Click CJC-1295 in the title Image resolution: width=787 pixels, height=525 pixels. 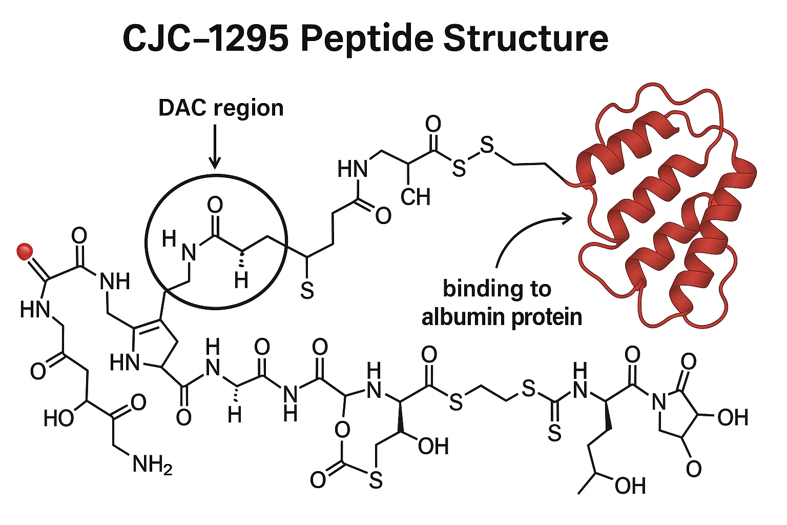[x=205, y=38]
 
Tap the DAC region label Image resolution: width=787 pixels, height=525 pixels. [x=221, y=108]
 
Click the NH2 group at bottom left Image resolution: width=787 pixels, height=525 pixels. [x=152, y=465]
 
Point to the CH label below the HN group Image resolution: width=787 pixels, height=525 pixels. [x=416, y=197]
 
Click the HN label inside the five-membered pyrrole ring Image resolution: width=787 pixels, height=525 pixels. [x=125, y=363]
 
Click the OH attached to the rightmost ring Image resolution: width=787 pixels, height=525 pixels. [x=732, y=417]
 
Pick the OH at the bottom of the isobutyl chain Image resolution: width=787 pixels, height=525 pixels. [x=630, y=486]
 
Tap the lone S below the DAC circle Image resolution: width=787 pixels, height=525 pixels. [x=306, y=291]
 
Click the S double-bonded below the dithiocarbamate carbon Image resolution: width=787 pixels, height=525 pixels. [x=554, y=434]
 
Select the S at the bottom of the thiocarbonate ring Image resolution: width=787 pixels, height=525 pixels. [x=376, y=480]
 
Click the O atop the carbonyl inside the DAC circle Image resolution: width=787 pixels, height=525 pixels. [x=215, y=206]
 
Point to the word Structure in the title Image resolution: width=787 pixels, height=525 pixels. [x=526, y=38]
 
